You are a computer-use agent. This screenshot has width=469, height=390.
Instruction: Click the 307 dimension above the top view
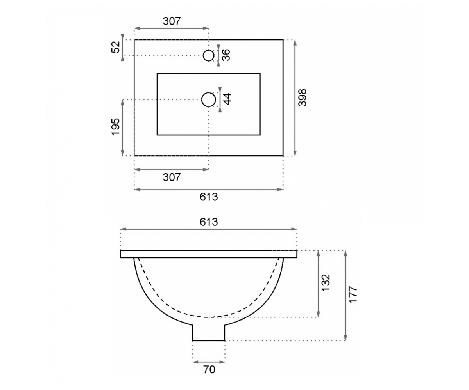172,21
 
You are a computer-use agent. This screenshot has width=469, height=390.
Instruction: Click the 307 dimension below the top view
172,177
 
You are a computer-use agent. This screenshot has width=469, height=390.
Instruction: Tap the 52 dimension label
116,47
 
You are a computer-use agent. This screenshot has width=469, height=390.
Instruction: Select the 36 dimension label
226,55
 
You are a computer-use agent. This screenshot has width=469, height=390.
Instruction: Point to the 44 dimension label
227,99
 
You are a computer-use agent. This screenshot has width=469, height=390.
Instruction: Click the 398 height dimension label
303,98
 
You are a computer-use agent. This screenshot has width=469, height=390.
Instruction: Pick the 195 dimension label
116,127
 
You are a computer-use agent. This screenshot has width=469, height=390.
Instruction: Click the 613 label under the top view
209,197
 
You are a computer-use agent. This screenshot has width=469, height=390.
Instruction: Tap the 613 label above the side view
209,222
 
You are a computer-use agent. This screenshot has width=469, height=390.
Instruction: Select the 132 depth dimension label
326,283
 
